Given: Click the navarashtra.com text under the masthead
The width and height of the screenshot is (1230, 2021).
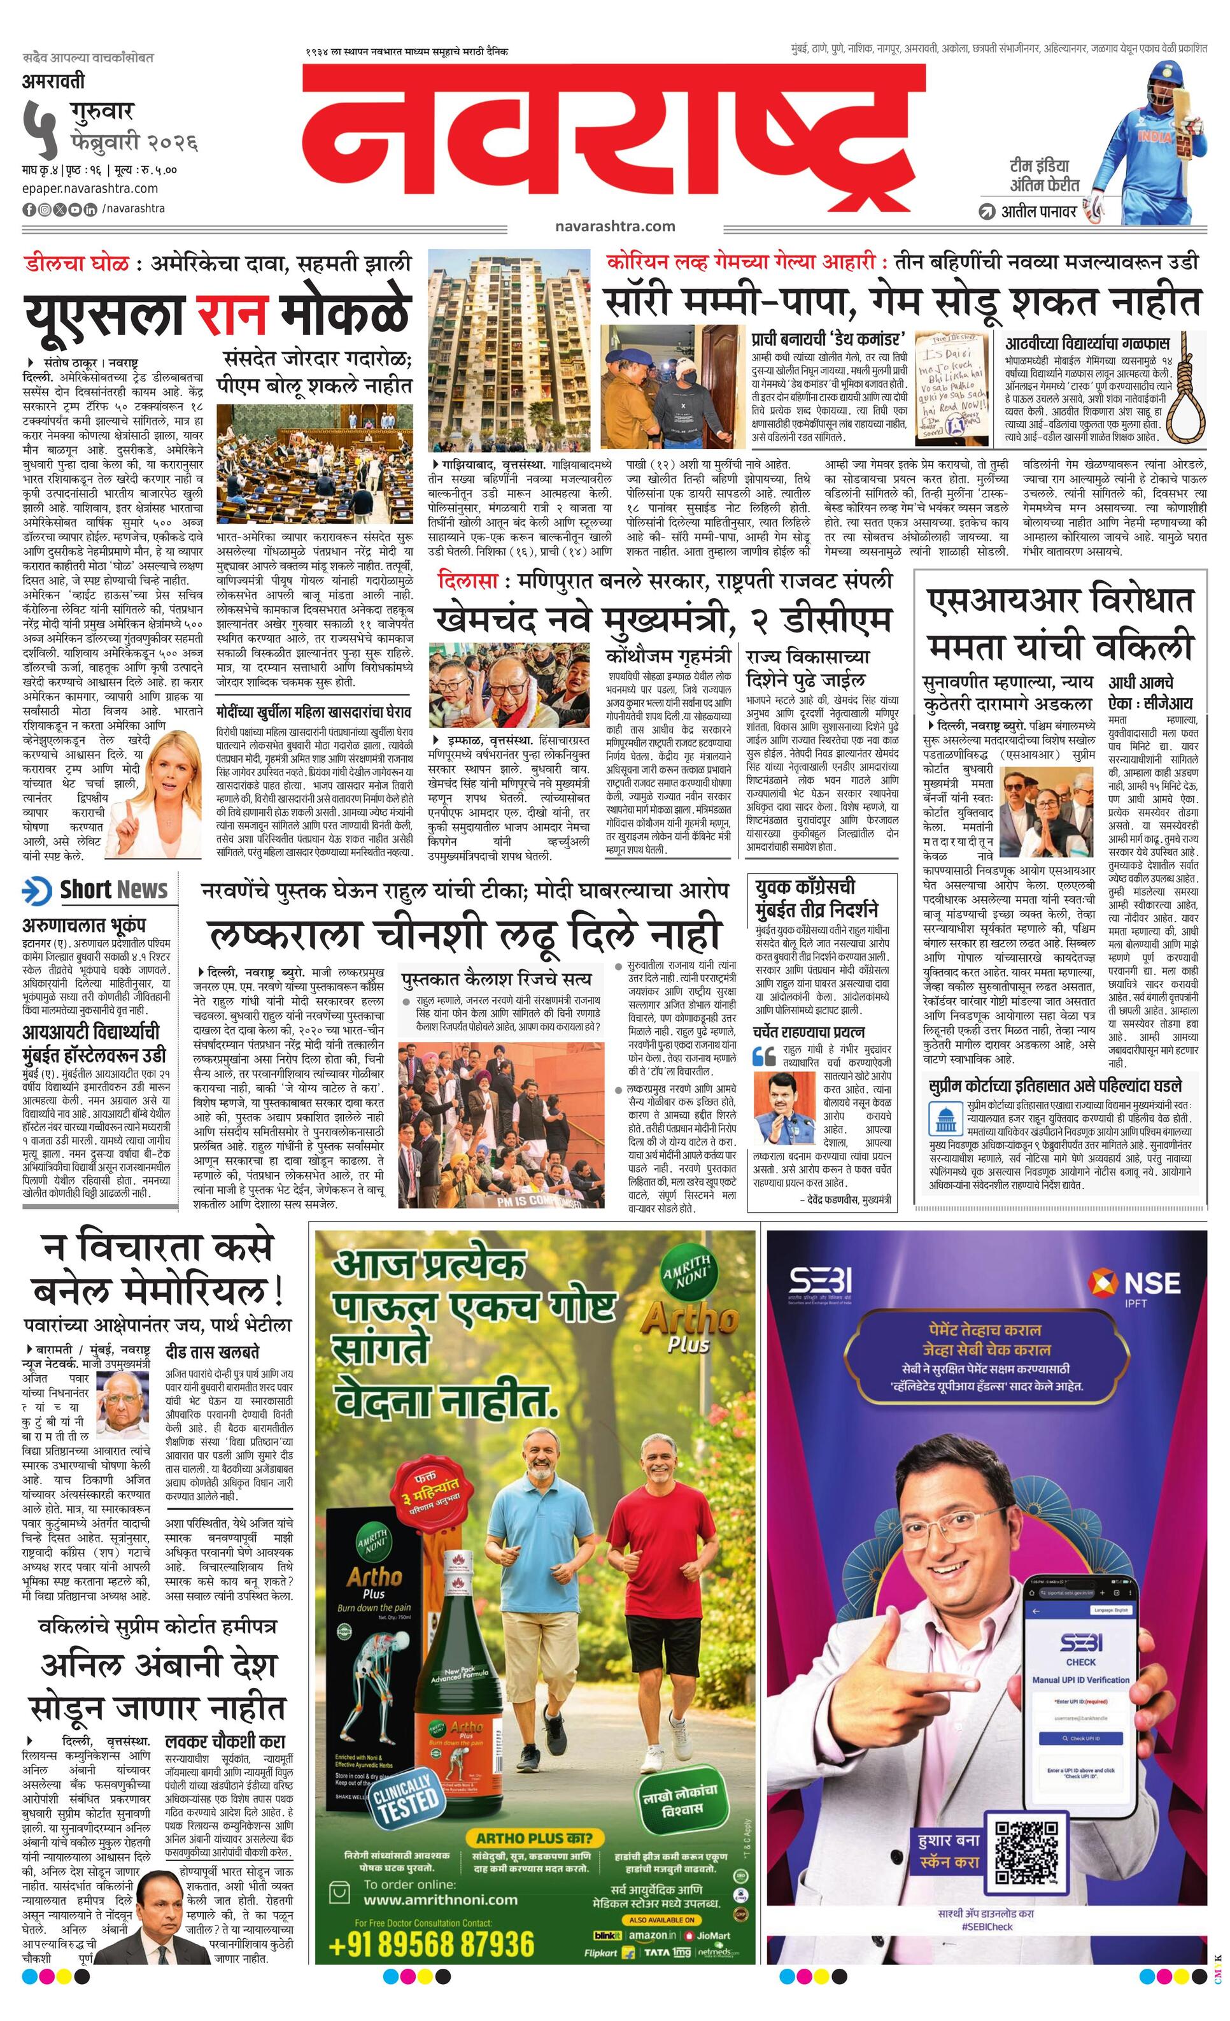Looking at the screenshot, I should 614,226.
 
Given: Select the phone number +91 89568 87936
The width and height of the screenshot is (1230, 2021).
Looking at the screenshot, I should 430,1945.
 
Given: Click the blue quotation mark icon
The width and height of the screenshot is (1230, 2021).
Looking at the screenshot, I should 764,1055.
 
